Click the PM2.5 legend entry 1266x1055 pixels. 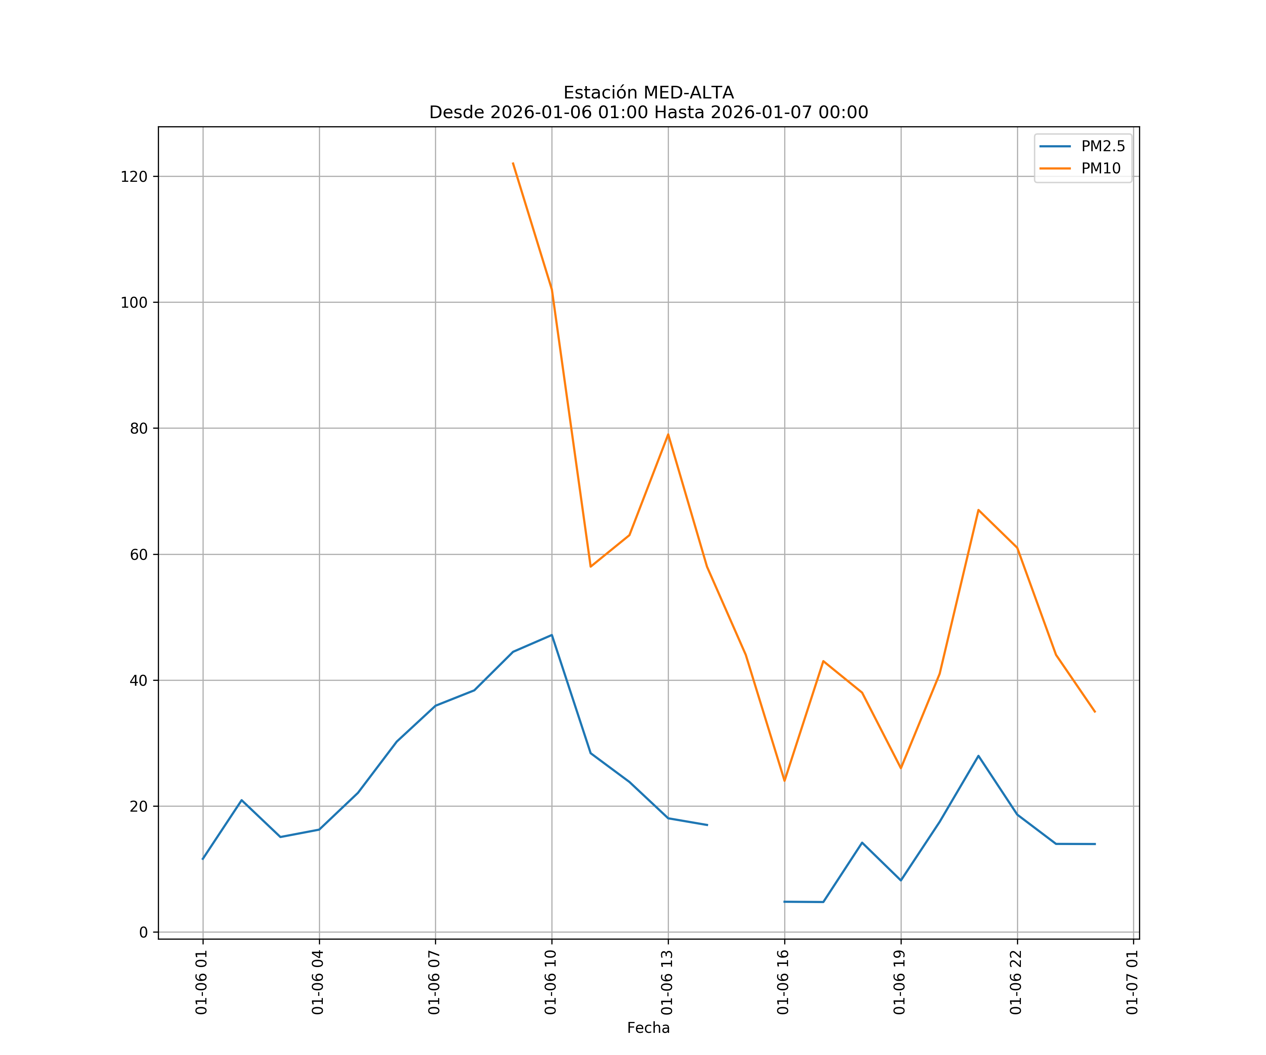[1102, 147]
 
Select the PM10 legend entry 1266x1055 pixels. [1100, 169]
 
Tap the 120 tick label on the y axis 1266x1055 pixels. [134, 177]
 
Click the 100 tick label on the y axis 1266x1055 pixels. [134, 303]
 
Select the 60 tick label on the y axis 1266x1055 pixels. [138, 555]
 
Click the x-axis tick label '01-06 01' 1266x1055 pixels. [202, 982]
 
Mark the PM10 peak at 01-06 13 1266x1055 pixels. [668, 434]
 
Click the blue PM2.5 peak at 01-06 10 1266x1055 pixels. [552, 635]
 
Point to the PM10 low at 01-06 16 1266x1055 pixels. [784, 781]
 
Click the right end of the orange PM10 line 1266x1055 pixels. [1095, 712]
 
